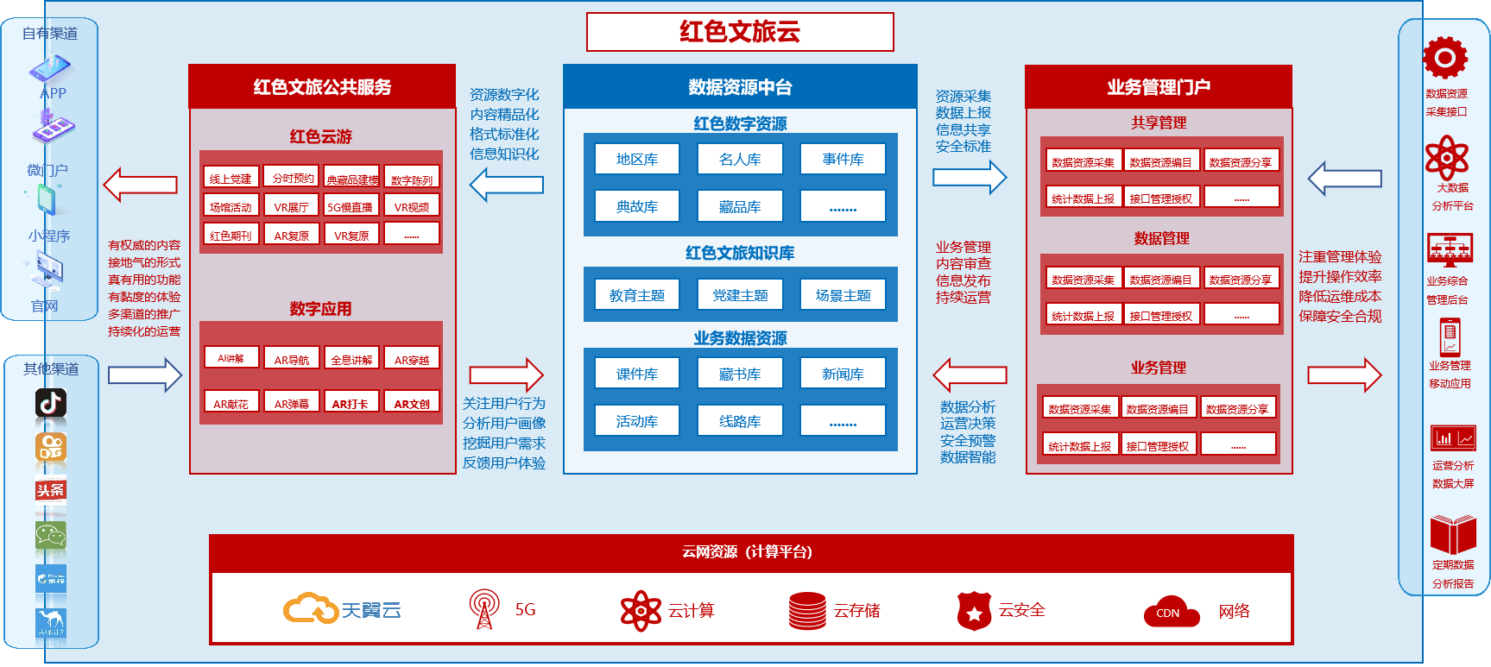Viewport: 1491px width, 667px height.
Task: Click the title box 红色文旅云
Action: tap(740, 32)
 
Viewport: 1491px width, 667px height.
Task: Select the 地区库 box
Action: tap(637, 159)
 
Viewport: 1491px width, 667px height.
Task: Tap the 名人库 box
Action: tap(740, 159)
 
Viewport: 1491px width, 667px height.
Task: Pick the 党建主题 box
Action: tap(740, 295)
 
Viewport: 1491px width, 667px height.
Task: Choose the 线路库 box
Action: tap(740, 421)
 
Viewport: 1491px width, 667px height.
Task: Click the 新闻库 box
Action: tap(843, 374)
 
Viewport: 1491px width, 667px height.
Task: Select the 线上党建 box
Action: tap(231, 178)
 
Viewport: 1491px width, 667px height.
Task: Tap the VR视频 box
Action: tap(412, 206)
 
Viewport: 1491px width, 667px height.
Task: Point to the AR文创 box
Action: tap(412, 403)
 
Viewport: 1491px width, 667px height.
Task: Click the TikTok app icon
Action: tap(51, 403)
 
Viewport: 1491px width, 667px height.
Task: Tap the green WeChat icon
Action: tap(51, 535)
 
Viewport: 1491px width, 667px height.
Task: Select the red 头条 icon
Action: tap(51, 490)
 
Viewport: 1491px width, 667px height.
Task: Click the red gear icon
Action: tap(1445, 58)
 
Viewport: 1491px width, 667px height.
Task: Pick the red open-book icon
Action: tap(1453, 534)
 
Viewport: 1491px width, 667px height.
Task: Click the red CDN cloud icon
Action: tap(1171, 612)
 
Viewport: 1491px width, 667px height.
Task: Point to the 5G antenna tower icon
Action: tap(484, 608)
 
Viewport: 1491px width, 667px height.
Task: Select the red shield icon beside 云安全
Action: tap(974, 611)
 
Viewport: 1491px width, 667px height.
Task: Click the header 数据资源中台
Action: tap(740, 87)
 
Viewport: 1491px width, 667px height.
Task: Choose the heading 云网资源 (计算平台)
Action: tap(748, 552)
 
